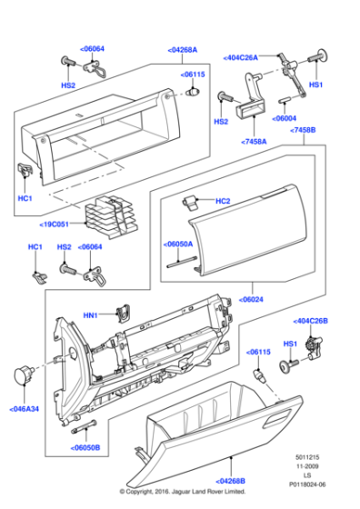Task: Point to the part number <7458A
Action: click(x=255, y=142)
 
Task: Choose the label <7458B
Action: click(x=303, y=131)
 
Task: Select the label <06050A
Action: click(x=179, y=245)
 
